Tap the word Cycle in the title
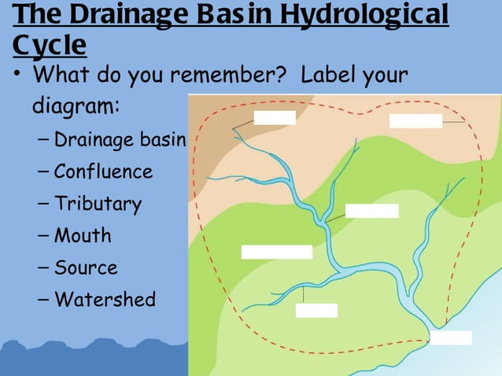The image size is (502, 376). pyautogui.click(x=49, y=45)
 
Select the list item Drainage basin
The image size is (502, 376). pyautogui.click(x=119, y=140)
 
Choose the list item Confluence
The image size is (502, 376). pyautogui.click(x=103, y=171)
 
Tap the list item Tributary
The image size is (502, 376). pyautogui.click(x=98, y=204)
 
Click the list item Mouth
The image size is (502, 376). pyautogui.click(x=83, y=235)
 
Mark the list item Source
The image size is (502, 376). pyautogui.click(x=86, y=267)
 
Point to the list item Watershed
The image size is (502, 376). pyautogui.click(x=105, y=299)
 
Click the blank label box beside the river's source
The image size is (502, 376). pyautogui.click(x=275, y=118)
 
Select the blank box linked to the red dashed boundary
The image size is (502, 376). pyautogui.click(x=415, y=121)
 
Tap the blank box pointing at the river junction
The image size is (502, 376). pyautogui.click(x=371, y=211)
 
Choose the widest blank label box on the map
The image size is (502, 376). pyautogui.click(x=276, y=252)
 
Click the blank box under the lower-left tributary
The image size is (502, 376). pyautogui.click(x=316, y=311)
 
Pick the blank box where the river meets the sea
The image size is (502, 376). pyautogui.click(x=451, y=337)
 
